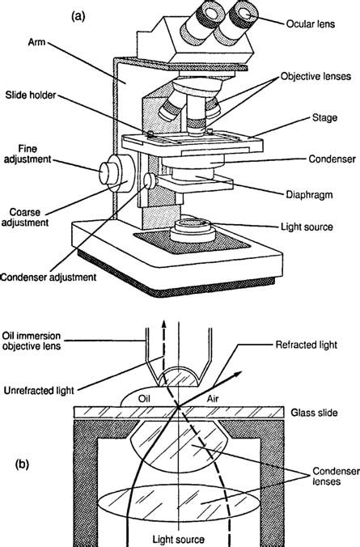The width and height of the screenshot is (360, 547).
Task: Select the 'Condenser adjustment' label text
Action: (49, 277)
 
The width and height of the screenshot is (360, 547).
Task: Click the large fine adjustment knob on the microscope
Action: (110, 173)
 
